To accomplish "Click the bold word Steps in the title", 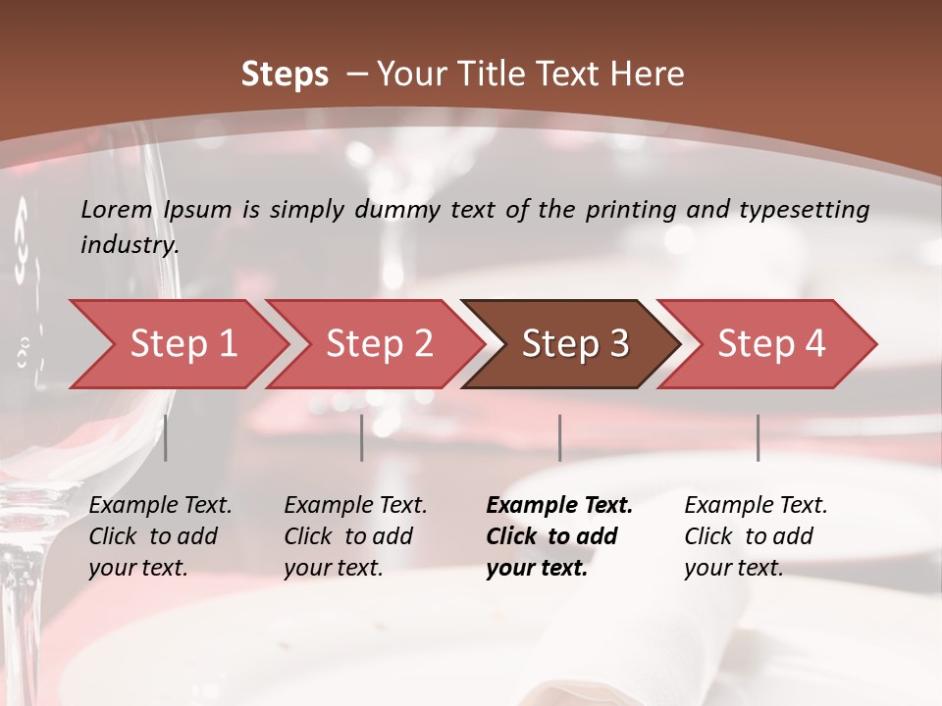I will click(x=285, y=75).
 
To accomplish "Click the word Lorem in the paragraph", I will click(x=117, y=209).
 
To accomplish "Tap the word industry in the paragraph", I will click(x=130, y=245).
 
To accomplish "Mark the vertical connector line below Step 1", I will click(x=166, y=437).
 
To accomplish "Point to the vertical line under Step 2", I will click(x=362, y=437).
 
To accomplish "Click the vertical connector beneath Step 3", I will click(x=559, y=437).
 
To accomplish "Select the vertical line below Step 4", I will click(x=758, y=437).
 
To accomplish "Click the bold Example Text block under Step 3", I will click(x=559, y=536).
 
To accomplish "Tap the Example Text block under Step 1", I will click(x=160, y=536).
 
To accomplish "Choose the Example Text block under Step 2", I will click(x=355, y=536).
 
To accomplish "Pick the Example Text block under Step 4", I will click(x=756, y=536).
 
